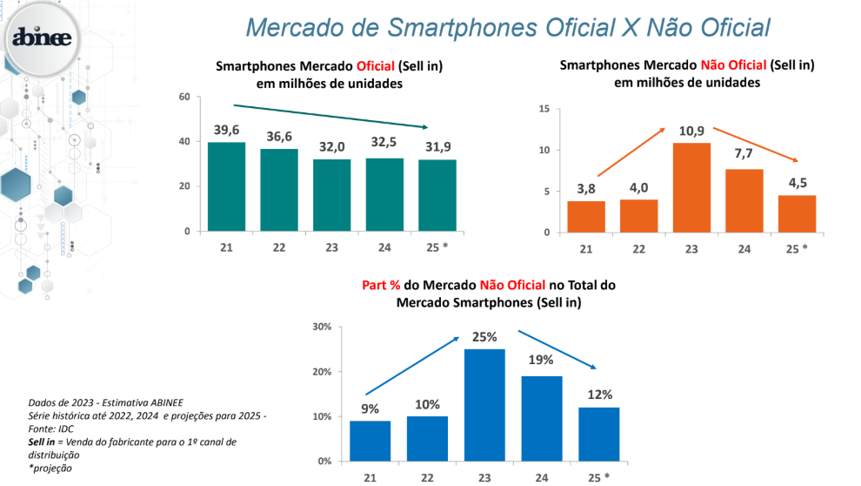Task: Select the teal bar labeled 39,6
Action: click(226, 186)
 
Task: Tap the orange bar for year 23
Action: click(691, 187)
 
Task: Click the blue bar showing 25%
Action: click(484, 404)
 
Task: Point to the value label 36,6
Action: click(278, 138)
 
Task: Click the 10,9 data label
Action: click(691, 131)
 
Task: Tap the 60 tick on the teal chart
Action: click(184, 97)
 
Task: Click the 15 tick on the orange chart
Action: click(544, 109)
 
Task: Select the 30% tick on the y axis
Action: click(322, 327)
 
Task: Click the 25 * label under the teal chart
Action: click(437, 247)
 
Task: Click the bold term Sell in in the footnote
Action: click(43, 442)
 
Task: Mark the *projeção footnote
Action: click(50, 468)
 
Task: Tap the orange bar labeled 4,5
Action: click(798, 213)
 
